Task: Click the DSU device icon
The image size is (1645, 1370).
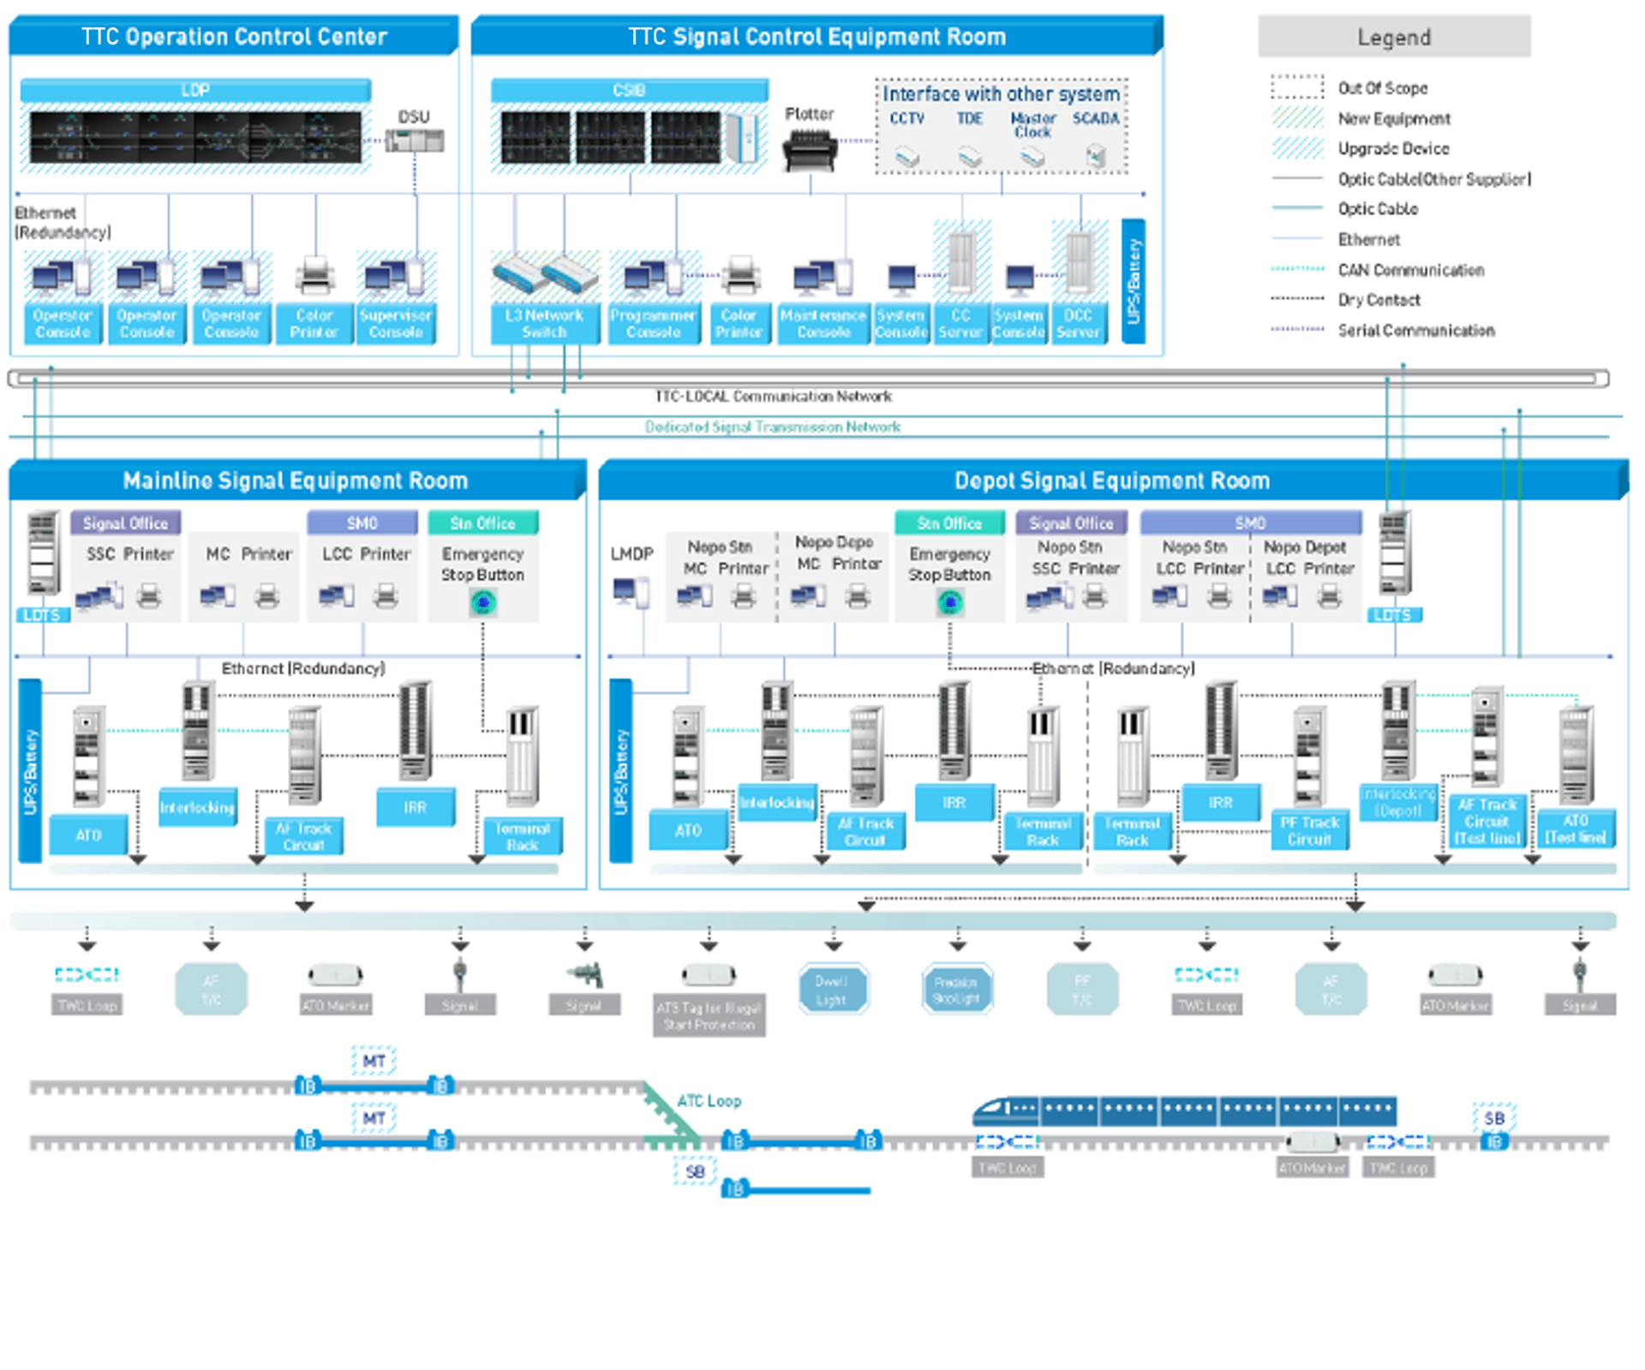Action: (x=415, y=140)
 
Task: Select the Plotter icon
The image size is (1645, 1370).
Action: (x=809, y=149)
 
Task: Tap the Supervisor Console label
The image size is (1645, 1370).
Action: (x=396, y=323)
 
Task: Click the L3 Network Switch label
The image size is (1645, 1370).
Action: (x=544, y=323)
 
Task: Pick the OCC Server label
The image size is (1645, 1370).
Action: (x=1078, y=323)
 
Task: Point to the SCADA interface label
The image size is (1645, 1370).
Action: (x=1096, y=118)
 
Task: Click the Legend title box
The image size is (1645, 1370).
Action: (x=1393, y=37)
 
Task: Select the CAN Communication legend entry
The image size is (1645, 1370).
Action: (x=1410, y=270)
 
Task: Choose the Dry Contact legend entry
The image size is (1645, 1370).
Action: (x=1379, y=300)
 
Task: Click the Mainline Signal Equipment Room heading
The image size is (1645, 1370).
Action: (x=296, y=481)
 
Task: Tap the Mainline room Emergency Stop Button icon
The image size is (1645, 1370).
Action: (x=483, y=603)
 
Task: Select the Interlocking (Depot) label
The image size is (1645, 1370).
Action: (x=1398, y=802)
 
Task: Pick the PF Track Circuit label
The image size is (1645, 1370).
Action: (x=1309, y=830)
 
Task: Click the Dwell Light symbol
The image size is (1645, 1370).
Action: (x=832, y=989)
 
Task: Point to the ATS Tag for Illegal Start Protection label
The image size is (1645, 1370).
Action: (x=709, y=1016)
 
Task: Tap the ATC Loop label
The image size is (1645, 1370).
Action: (x=709, y=1101)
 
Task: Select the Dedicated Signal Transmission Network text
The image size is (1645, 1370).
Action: (x=772, y=427)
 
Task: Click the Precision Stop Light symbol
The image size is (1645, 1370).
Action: (x=956, y=989)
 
